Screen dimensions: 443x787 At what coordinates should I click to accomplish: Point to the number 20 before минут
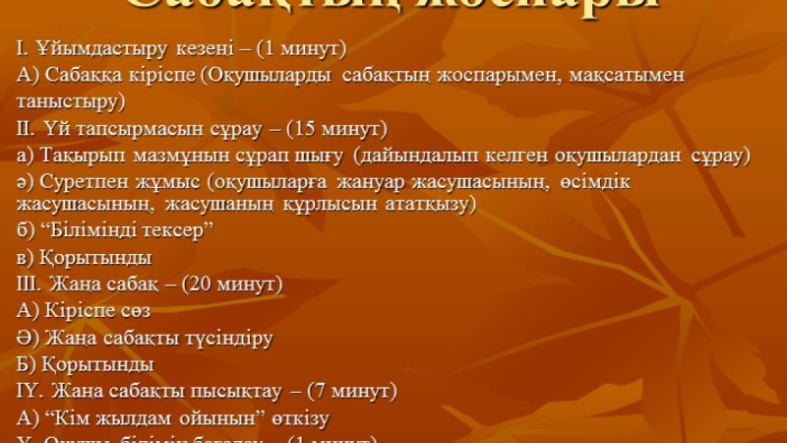point(214,285)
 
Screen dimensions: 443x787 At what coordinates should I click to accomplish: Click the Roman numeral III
point(30,285)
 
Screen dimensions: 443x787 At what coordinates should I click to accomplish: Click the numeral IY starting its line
point(27,391)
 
